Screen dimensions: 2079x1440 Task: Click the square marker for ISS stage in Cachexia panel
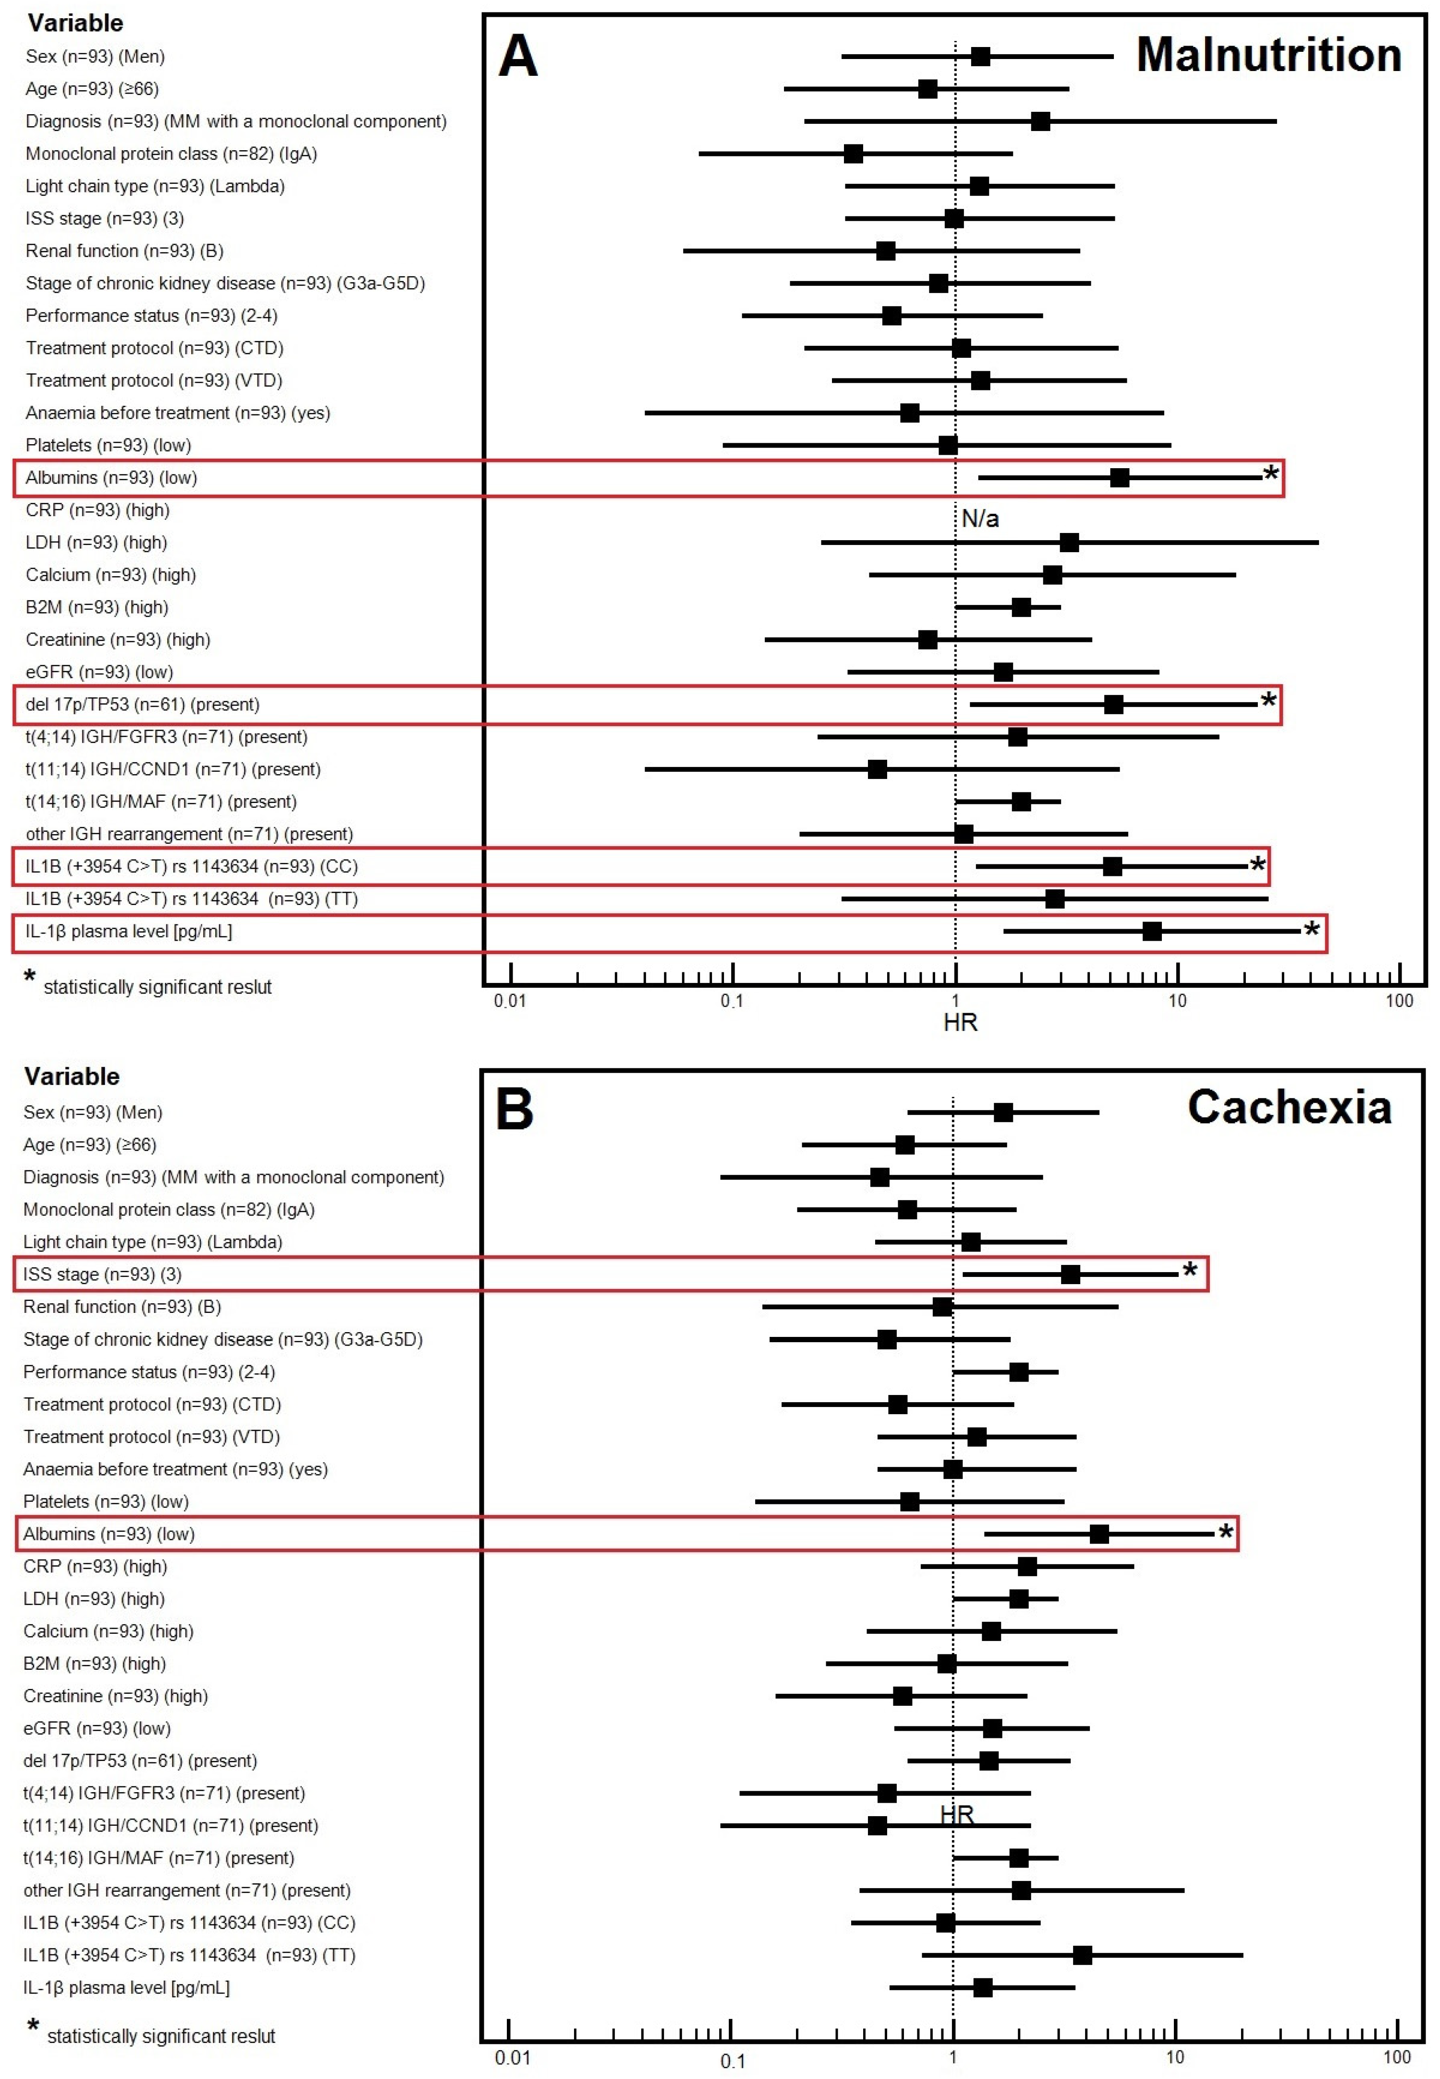[1070, 1274]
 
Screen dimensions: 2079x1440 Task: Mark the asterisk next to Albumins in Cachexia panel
[1225, 1532]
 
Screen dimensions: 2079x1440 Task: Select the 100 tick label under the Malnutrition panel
[1399, 1001]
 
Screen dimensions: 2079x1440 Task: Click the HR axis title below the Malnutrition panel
[960, 1022]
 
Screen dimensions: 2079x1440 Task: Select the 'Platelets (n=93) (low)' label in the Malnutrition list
[108, 445]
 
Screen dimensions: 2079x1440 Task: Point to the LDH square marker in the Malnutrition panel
[1069, 543]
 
